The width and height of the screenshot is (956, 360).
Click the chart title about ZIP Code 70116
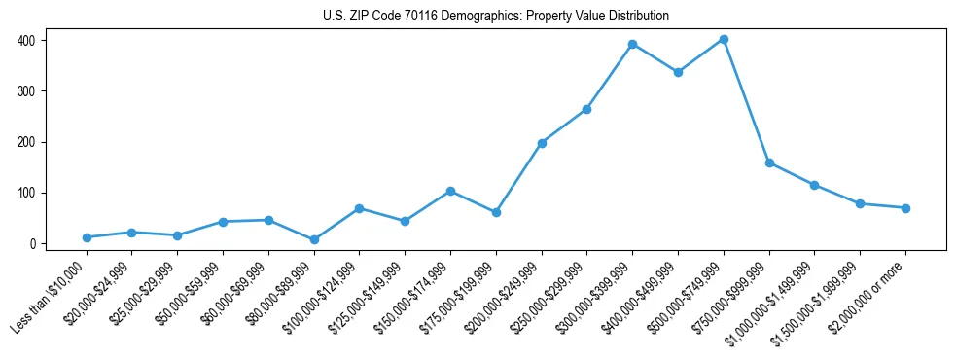pos(496,16)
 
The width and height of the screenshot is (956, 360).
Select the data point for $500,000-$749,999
pos(724,40)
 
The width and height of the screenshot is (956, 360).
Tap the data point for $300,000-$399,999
pos(632,44)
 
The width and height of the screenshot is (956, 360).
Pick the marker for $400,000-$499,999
pos(678,72)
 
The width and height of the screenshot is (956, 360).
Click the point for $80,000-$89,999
pos(314,239)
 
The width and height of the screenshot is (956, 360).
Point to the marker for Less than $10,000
pos(87,237)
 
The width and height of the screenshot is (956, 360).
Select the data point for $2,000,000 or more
pos(905,208)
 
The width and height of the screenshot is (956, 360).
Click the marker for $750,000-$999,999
pos(769,163)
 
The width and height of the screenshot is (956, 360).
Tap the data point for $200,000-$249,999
pos(542,143)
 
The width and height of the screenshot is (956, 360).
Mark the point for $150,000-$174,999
pos(450,191)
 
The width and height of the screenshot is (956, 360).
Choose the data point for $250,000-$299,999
pos(586,109)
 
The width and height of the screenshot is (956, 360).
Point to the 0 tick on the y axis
pos(32,244)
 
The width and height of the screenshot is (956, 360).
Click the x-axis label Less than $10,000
pos(51,296)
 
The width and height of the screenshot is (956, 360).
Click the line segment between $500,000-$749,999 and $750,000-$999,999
pos(746,101)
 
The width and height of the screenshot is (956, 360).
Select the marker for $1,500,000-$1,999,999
pos(860,203)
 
